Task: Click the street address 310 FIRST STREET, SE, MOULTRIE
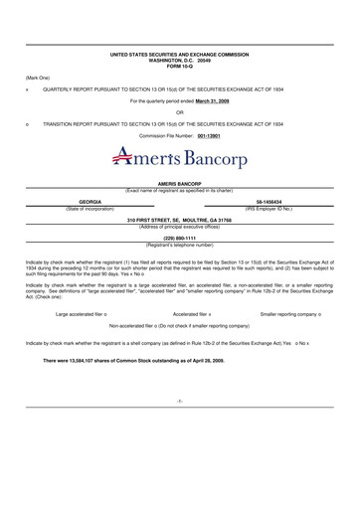[179, 219]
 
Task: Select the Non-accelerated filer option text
[179, 325]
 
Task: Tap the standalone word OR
[179, 111]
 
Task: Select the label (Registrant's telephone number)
[179, 244]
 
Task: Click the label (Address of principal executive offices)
[179, 225]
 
